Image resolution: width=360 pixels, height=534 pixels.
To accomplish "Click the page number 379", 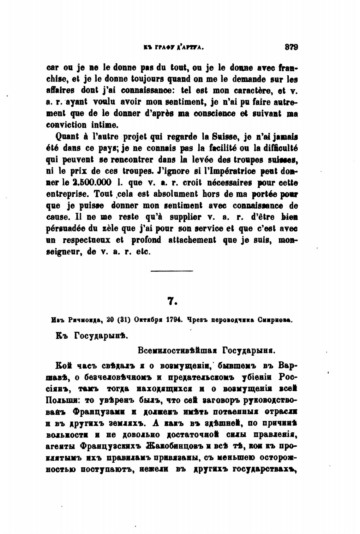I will click(291, 48).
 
